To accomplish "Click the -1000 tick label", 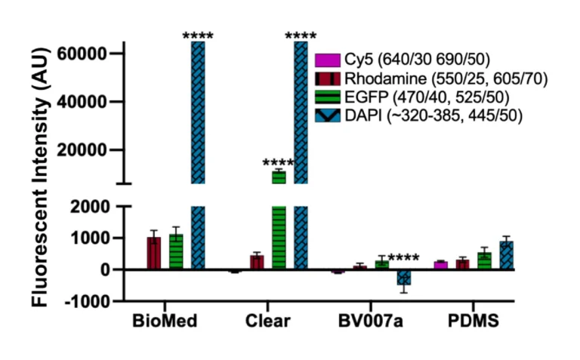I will pyautogui.click(x=92, y=301).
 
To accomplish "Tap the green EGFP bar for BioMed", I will pyautogui.click(x=176, y=252).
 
